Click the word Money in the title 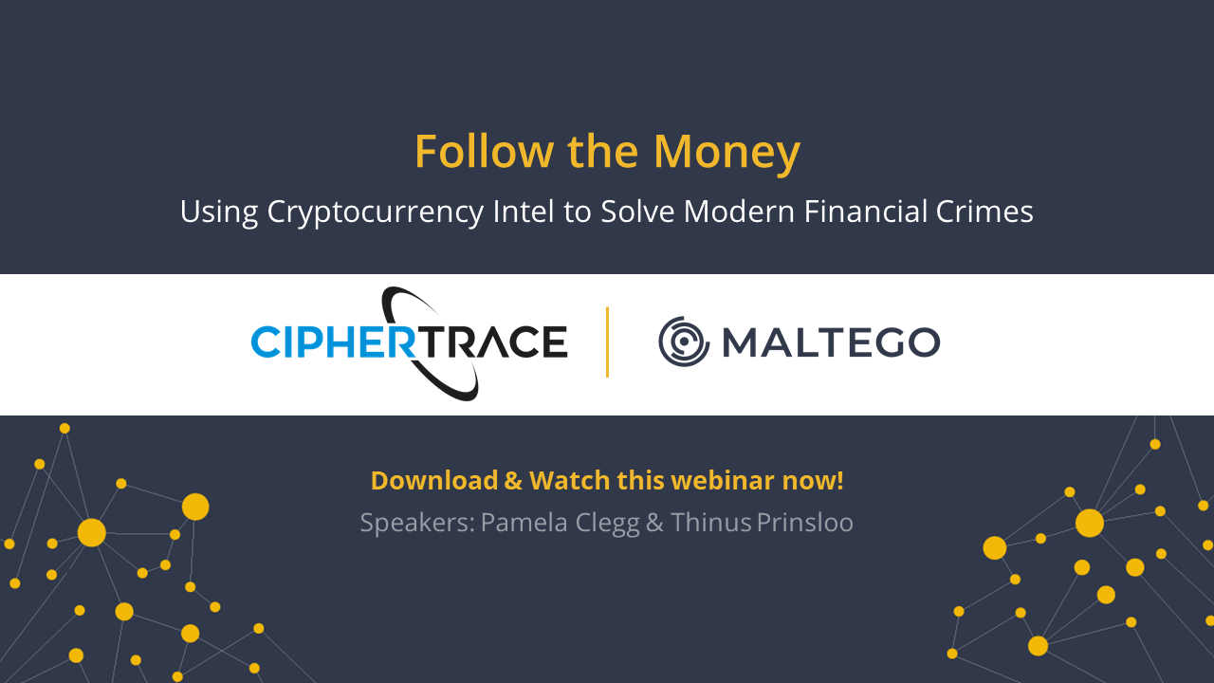point(727,153)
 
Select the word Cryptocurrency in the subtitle point(375,212)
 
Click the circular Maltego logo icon point(684,341)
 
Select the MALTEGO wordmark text point(832,342)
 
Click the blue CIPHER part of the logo point(334,341)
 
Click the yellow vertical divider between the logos point(608,341)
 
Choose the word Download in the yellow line point(434,481)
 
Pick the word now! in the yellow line point(813,481)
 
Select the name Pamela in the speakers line point(524,523)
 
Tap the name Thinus point(711,523)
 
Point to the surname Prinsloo point(805,523)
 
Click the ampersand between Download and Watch point(513,481)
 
